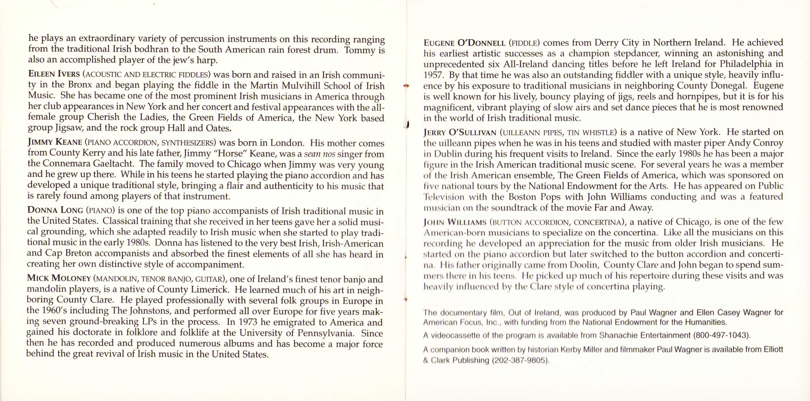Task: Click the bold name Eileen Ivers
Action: tap(54, 75)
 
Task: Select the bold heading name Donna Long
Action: tap(55, 210)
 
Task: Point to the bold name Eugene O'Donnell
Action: tap(464, 43)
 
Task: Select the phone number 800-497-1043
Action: tap(721, 335)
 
